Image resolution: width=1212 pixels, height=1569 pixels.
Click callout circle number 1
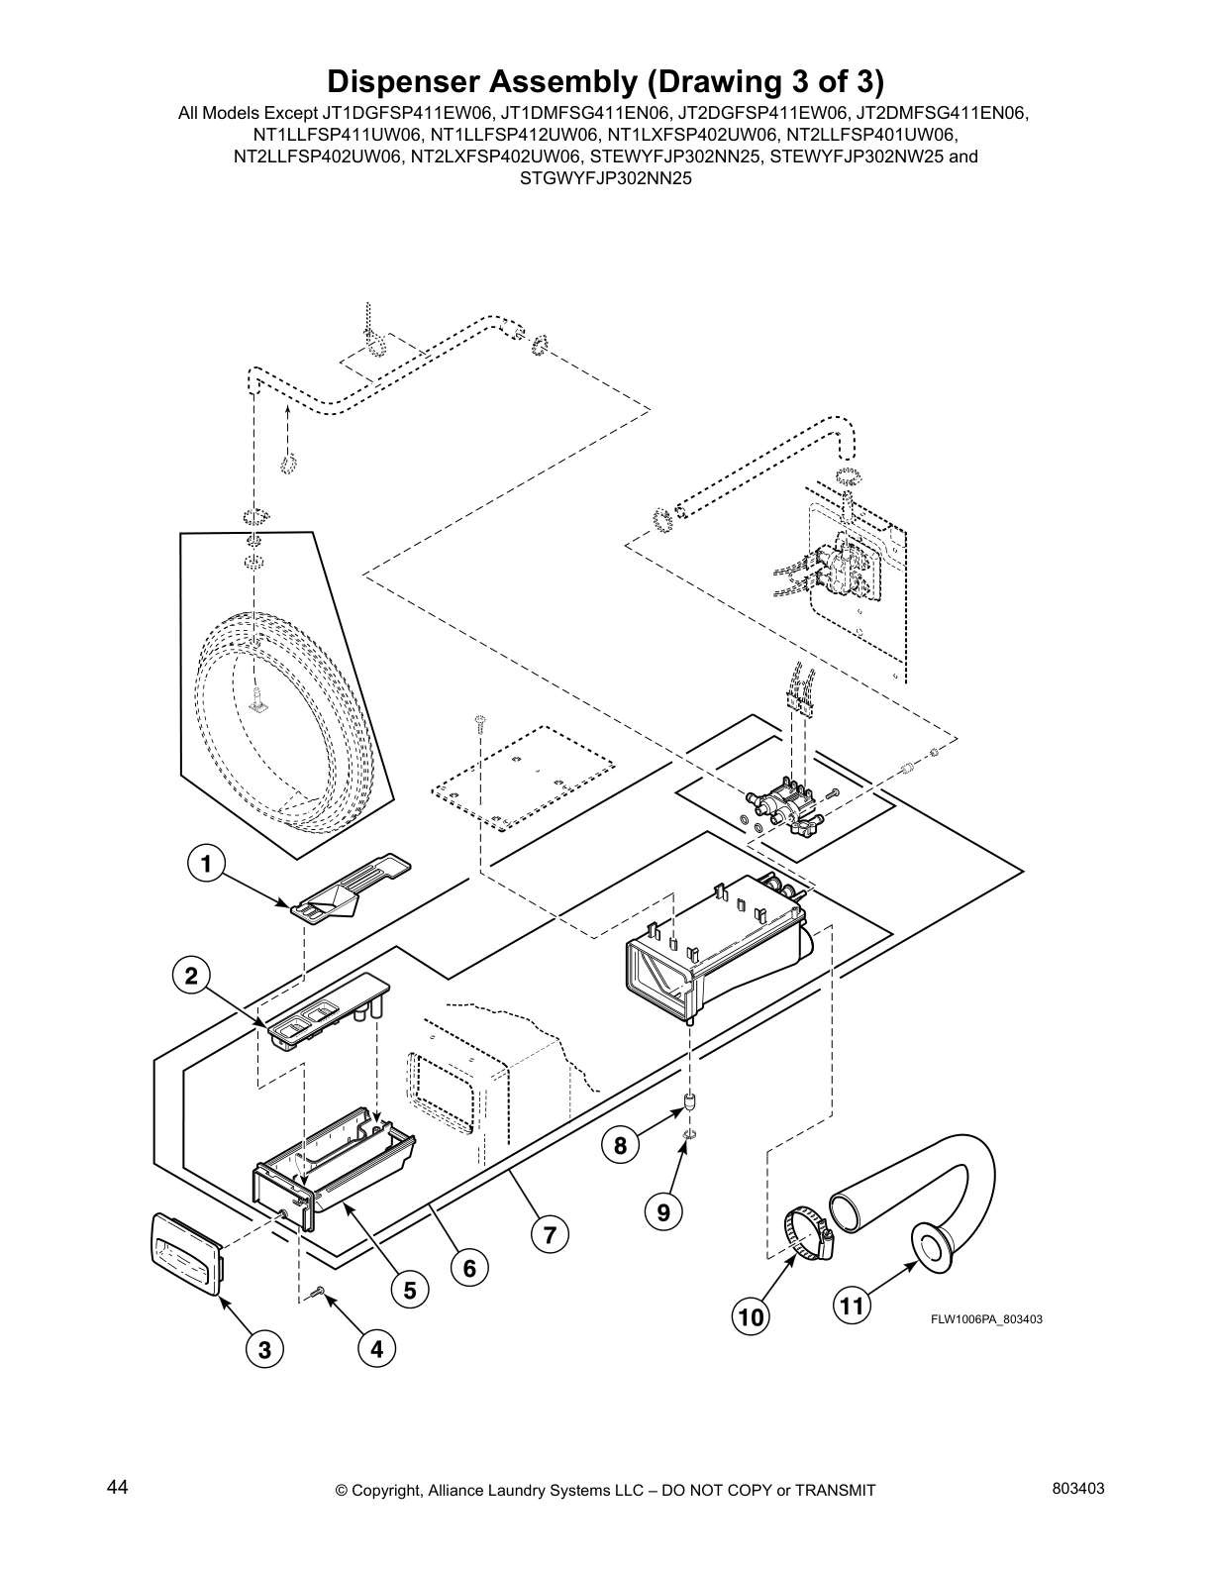tap(206, 865)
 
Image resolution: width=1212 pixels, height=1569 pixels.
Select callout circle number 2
tap(190, 977)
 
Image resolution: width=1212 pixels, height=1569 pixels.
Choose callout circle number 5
tap(408, 1289)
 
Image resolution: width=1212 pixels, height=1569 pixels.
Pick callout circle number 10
tap(751, 1316)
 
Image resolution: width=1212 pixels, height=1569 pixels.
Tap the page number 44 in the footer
tap(117, 1487)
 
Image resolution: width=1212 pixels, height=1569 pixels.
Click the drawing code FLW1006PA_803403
tap(985, 1319)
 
